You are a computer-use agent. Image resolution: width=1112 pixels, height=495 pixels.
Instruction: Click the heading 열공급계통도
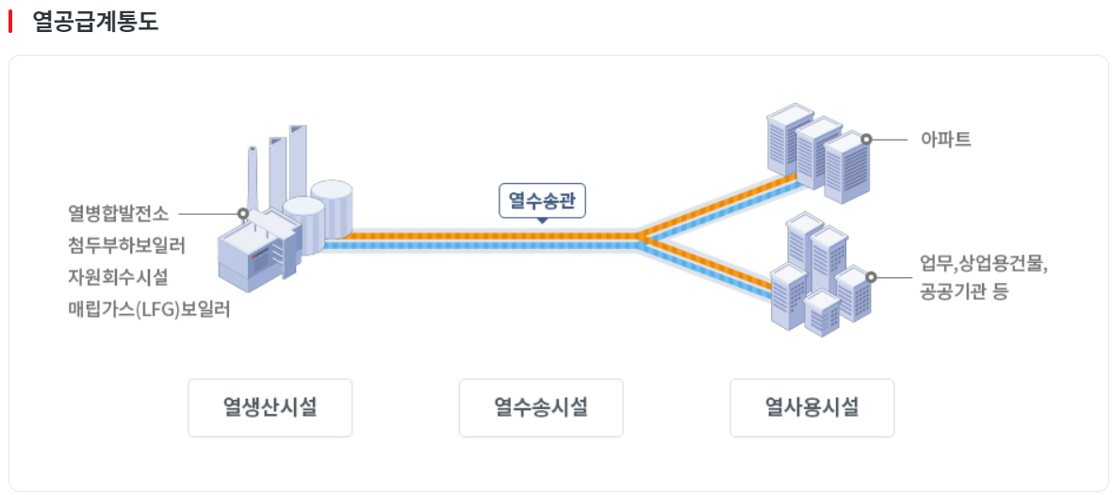click(95, 22)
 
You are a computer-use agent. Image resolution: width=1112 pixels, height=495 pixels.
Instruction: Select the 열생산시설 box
click(270, 408)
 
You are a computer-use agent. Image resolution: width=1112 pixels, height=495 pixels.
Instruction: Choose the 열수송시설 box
click(541, 408)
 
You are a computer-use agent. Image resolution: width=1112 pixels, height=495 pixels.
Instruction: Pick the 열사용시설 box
click(811, 408)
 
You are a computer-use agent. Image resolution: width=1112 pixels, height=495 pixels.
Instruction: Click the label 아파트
click(945, 140)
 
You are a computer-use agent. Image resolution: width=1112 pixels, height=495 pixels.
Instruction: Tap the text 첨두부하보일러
click(126, 245)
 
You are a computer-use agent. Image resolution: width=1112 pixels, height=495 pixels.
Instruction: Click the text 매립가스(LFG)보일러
click(149, 308)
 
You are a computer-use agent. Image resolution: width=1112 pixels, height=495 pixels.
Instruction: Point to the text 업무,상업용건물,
click(984, 262)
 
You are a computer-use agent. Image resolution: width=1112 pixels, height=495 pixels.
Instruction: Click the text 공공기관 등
click(964, 291)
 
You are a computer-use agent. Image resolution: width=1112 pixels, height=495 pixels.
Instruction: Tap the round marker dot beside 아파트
click(866, 140)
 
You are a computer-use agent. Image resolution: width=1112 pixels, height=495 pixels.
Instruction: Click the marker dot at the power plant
click(243, 214)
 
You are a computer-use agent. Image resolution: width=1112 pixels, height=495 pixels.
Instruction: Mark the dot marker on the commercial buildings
click(871, 277)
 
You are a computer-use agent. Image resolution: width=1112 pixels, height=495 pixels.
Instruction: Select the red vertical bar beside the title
click(10, 22)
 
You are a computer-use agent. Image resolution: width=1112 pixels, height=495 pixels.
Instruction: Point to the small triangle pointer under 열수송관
click(542, 221)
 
